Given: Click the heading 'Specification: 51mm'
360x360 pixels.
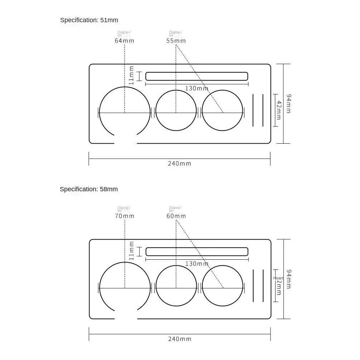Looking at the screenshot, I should click(89, 20).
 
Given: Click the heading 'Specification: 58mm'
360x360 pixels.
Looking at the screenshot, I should click(88, 189).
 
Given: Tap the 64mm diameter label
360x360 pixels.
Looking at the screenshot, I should click(124, 41).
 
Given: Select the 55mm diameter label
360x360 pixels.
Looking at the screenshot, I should click(176, 41).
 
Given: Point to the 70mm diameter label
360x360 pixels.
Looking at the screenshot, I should click(124, 216).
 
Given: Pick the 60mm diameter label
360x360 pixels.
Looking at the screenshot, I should click(176, 216).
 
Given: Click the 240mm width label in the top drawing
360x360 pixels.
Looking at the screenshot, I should click(179, 164).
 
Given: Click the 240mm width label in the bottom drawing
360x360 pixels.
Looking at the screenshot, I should click(179, 339).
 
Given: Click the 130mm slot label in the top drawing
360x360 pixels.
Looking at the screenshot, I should click(197, 88).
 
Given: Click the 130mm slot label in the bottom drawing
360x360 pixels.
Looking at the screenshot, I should click(197, 264).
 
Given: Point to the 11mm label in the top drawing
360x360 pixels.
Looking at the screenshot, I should click(131, 76).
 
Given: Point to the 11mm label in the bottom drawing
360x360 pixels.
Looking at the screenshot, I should click(131, 251).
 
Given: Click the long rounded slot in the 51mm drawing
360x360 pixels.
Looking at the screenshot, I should click(197, 76).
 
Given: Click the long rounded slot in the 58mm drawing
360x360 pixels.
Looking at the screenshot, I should click(197, 251).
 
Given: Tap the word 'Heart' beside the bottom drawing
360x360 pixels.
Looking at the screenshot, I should click(278, 278).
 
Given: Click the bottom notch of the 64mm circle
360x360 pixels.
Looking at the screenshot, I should click(125, 140).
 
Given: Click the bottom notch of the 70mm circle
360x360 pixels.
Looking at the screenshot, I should click(125, 316).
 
